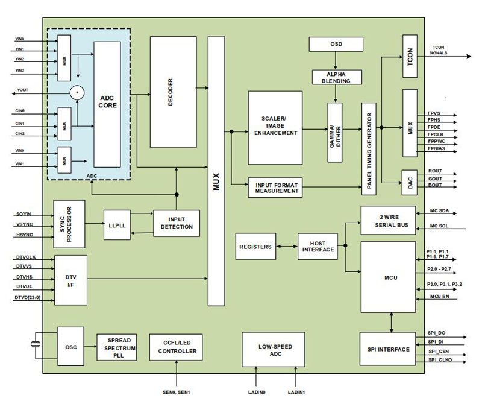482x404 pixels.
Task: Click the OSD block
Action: [x=336, y=44]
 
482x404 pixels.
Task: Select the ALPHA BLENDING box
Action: [x=336, y=77]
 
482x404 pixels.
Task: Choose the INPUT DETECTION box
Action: [x=176, y=223]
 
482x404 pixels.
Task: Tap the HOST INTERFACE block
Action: [x=318, y=247]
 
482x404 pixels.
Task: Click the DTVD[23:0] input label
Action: [x=28, y=298]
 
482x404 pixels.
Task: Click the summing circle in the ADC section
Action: [x=77, y=92]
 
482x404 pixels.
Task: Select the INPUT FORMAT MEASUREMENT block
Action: [x=274, y=188]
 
